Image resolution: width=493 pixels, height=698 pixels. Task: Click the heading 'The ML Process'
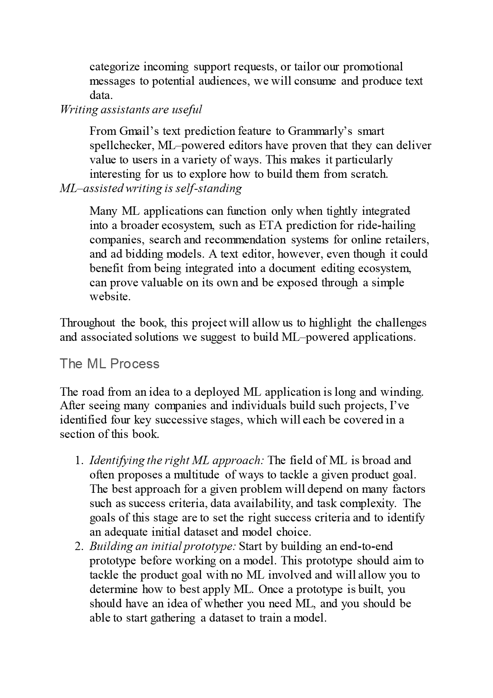[109, 364]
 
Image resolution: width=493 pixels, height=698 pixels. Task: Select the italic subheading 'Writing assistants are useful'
[131, 109]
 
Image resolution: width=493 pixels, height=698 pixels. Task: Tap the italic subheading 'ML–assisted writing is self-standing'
[151, 188]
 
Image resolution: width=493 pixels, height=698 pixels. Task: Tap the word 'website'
[109, 297]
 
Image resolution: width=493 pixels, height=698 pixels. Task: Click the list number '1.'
[79, 461]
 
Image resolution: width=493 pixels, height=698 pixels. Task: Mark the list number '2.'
[79, 546]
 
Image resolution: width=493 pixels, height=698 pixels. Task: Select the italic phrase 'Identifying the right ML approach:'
[177, 461]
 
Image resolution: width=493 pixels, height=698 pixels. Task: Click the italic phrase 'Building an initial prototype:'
[163, 546]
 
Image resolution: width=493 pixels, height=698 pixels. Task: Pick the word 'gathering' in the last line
[173, 618]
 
